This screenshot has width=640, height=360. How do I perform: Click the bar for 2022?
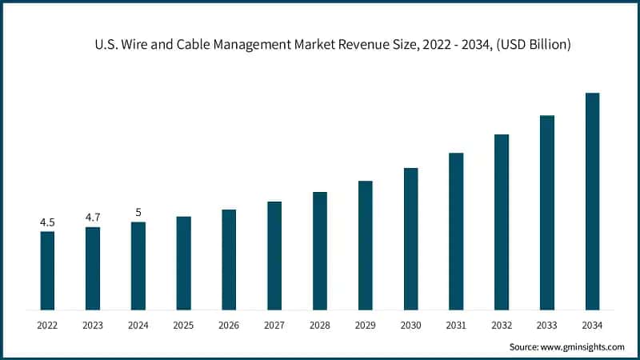click(47, 270)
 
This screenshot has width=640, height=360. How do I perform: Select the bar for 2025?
click(183, 262)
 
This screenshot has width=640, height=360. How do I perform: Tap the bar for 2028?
click(320, 250)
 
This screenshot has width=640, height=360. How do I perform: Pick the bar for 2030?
click(410, 238)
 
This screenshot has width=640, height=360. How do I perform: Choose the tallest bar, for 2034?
click(592, 201)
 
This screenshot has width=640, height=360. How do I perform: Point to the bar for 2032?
click(502, 222)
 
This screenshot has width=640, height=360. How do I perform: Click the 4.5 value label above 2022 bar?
click(47, 222)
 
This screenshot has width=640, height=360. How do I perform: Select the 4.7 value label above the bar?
click(93, 217)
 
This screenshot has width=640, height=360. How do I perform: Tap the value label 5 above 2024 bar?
click(138, 212)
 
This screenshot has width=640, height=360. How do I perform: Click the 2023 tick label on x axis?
click(93, 325)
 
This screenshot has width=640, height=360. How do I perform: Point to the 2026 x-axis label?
click(229, 325)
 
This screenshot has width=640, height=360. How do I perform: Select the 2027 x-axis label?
click(274, 325)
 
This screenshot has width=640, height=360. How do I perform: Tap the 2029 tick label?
click(365, 325)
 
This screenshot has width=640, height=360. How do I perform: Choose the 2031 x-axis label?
click(456, 325)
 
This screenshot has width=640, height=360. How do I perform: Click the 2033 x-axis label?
click(547, 325)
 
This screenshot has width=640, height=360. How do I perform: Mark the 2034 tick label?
click(592, 325)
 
